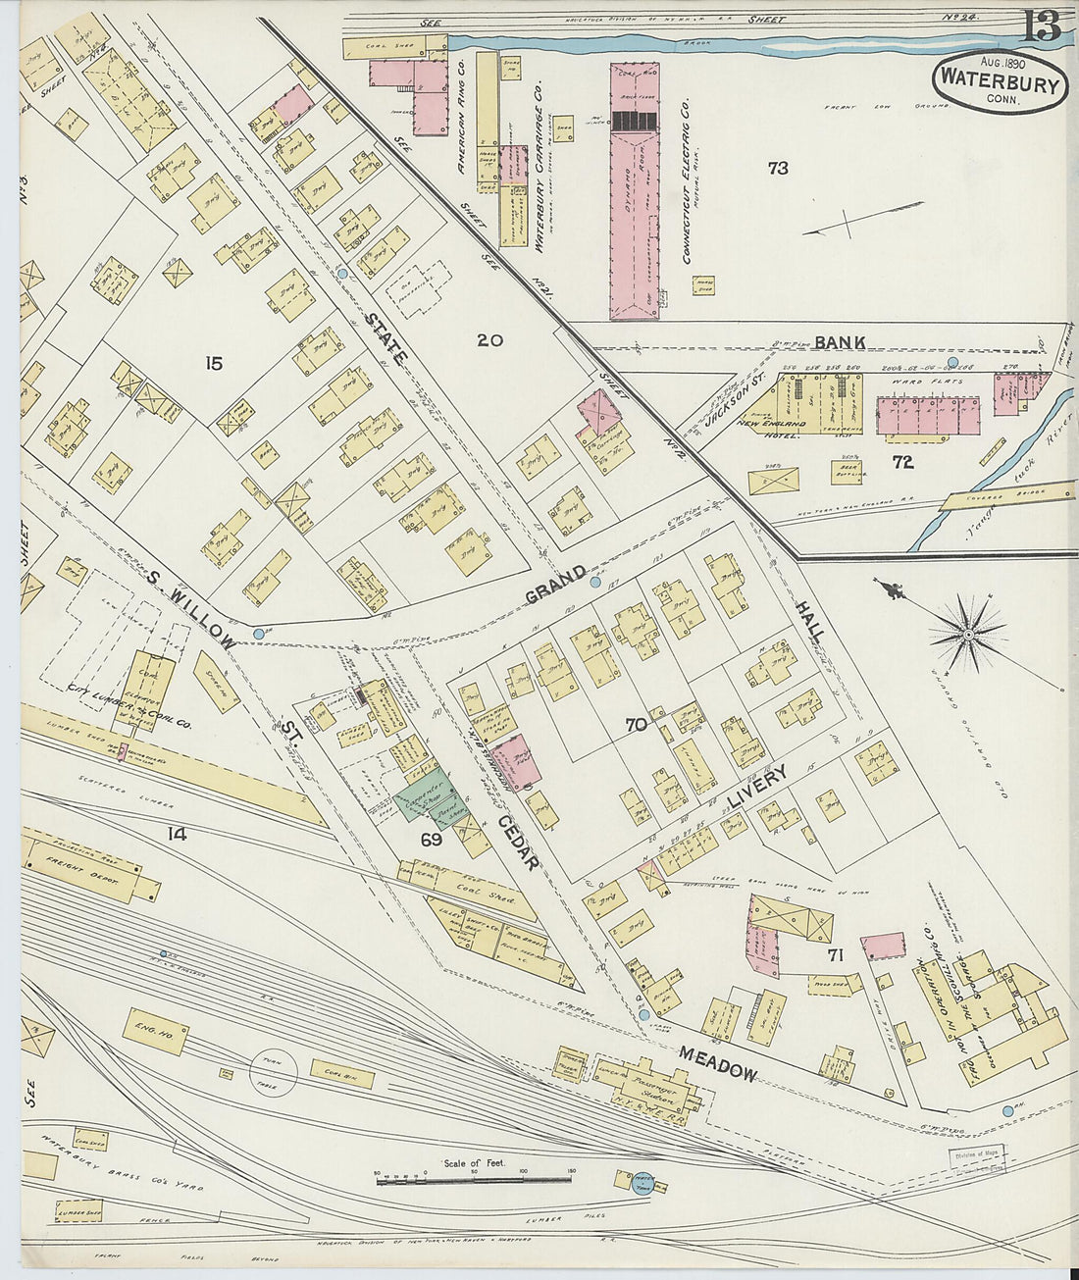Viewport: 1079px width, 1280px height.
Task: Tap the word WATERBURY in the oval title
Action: coord(999,82)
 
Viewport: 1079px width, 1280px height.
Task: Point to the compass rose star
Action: coord(968,635)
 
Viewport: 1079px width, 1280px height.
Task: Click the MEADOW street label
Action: coord(717,1061)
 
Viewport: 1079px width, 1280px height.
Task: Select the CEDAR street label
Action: coord(517,843)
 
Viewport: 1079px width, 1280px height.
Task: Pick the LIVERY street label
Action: coord(757,791)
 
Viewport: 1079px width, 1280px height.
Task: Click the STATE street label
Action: coord(385,339)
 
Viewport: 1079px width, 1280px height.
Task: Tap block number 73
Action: coord(777,168)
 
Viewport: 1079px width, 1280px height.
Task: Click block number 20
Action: coord(489,340)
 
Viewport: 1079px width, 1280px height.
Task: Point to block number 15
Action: coord(213,364)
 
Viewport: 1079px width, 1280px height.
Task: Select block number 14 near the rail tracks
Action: coord(177,835)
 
